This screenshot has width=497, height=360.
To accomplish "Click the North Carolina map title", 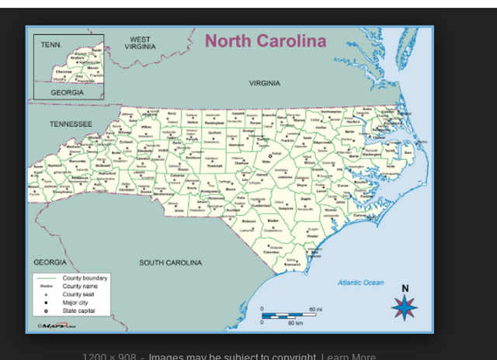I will tap(266, 41).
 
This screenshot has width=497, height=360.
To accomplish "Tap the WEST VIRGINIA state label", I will tap(141, 43).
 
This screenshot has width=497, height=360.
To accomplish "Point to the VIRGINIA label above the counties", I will tap(265, 83).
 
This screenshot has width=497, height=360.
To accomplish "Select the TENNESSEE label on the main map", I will tap(71, 124).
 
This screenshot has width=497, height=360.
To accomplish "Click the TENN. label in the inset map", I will tap(51, 45).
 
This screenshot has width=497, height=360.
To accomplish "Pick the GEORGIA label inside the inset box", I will tap(67, 92).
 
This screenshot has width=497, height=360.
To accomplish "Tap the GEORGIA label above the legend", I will tap(50, 262).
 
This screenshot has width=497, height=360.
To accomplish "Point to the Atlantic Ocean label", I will tap(360, 282).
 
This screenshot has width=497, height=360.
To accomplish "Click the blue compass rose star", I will tap(404, 307).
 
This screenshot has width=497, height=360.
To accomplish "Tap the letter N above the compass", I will tap(405, 289).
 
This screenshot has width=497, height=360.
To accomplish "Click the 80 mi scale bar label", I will tap(315, 309).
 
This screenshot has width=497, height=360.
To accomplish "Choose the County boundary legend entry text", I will tap(85, 278).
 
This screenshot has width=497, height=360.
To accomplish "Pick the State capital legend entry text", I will tap(78, 310).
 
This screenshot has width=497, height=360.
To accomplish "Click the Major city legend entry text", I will tap(75, 303).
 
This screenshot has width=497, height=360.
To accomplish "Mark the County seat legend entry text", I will tap(78, 294).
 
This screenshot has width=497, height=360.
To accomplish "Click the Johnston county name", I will tap(285, 177).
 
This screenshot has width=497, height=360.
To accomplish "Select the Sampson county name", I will tap(286, 207).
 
